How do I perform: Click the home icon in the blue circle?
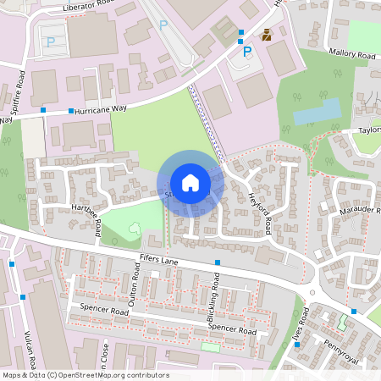pos(190,183)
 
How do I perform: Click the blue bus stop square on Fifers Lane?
pos(218,262)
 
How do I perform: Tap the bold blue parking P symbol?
pos(247,52)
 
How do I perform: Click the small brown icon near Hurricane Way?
pos(267,35)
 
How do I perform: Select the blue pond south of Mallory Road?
pos(317,112)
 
